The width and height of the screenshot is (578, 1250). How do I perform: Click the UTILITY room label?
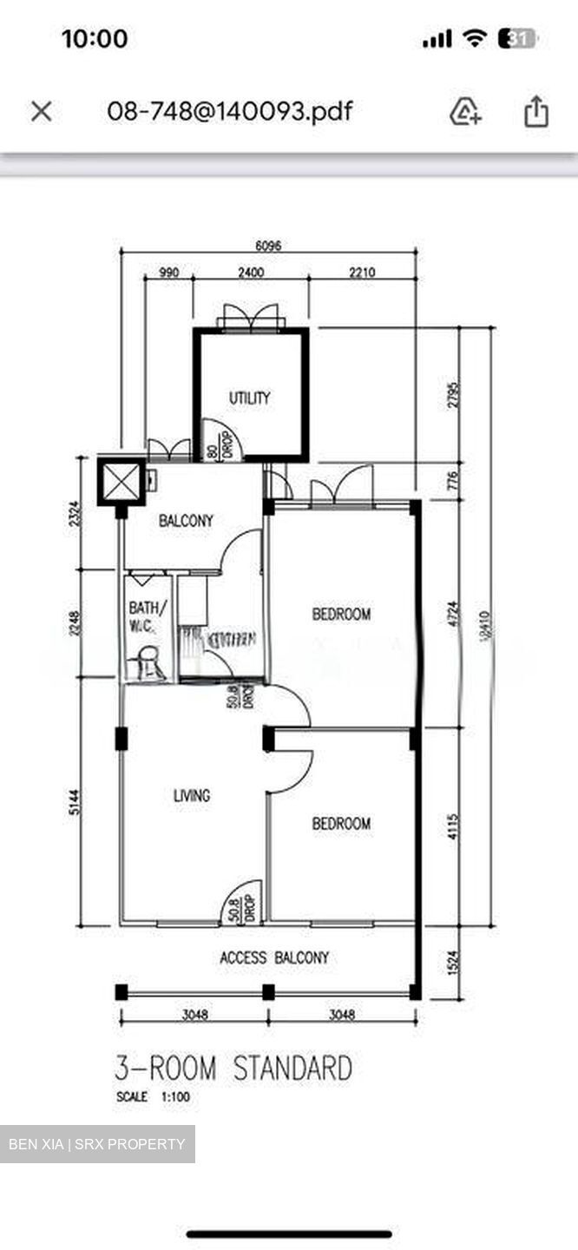(x=249, y=398)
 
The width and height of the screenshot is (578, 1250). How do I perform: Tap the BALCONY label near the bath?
(x=186, y=521)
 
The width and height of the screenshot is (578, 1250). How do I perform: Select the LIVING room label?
(x=191, y=795)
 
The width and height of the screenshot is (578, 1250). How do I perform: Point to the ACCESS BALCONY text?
(x=274, y=957)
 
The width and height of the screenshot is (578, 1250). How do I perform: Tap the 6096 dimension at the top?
(x=266, y=246)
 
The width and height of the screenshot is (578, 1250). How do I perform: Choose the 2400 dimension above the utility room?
(x=250, y=273)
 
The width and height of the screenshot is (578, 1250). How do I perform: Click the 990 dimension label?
(x=168, y=273)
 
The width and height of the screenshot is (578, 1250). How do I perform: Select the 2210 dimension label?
(x=362, y=273)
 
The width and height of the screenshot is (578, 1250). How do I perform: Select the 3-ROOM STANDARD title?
(x=233, y=1068)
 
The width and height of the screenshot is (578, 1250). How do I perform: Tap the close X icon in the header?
(x=42, y=111)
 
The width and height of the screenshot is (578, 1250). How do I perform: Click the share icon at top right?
(x=536, y=111)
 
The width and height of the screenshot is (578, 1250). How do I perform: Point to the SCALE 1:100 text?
(x=153, y=1097)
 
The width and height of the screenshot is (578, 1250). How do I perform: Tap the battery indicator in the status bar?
(x=517, y=38)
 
